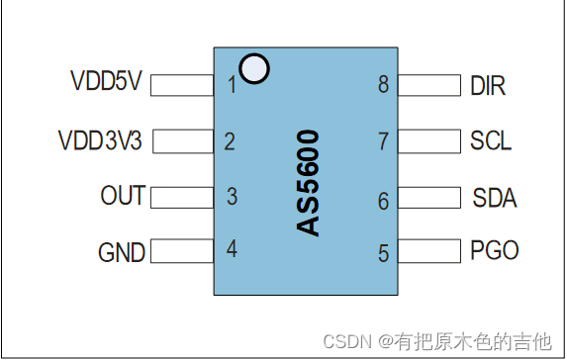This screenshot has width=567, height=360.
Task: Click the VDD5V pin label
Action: (108, 82)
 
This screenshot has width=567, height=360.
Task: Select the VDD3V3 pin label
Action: (101, 140)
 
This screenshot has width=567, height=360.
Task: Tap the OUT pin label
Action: (123, 196)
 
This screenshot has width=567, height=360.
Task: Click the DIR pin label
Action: (489, 85)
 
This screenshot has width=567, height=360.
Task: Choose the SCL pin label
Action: (491, 141)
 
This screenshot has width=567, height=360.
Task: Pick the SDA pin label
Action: (494, 198)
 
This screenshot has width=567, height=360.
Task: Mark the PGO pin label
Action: (495, 251)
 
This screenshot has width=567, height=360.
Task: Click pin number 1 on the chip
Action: (232, 85)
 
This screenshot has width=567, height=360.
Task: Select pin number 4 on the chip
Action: (232, 249)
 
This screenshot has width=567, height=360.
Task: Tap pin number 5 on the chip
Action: (383, 254)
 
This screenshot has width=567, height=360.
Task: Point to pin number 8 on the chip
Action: (383, 85)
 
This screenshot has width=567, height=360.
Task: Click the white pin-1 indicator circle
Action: (255, 69)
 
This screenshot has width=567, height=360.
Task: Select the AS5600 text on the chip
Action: (310, 183)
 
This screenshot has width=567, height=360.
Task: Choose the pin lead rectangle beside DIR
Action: (432, 86)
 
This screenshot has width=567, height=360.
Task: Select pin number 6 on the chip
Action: (383, 201)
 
